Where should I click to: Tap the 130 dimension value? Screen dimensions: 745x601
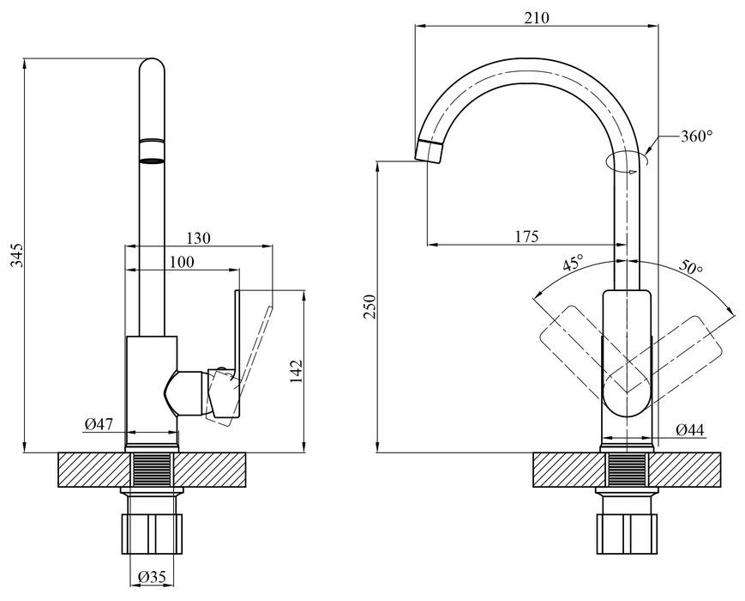tap(198, 238)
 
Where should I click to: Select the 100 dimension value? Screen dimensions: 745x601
tap(182, 262)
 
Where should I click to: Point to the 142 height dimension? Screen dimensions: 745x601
tap(296, 371)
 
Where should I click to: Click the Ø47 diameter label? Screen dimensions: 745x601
tap(99, 423)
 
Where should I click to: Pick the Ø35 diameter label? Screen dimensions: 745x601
tap(152, 577)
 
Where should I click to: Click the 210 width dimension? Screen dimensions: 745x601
tap(537, 18)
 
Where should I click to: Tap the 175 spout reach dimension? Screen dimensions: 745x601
tap(527, 236)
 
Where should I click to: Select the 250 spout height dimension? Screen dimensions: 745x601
tap(369, 307)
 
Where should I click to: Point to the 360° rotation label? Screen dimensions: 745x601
tap(696, 137)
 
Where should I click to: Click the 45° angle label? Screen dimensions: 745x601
tap(573, 263)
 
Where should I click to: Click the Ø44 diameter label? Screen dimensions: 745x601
tap(690, 430)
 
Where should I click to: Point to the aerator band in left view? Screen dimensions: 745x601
tap(152, 151)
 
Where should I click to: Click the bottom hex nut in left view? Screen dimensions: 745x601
tap(152, 533)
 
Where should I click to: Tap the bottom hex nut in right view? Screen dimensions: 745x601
tap(628, 533)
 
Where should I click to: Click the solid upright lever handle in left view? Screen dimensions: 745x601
tap(237, 352)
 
